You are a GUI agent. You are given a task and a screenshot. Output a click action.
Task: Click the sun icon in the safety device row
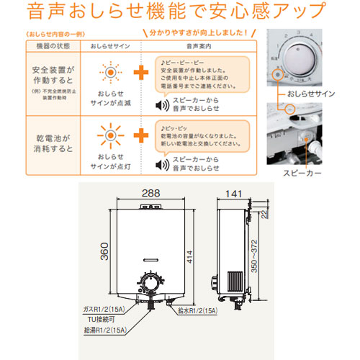point(110,75)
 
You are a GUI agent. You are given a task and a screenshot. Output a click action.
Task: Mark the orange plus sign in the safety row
point(142,74)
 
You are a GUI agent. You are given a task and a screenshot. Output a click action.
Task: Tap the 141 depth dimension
point(232,194)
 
